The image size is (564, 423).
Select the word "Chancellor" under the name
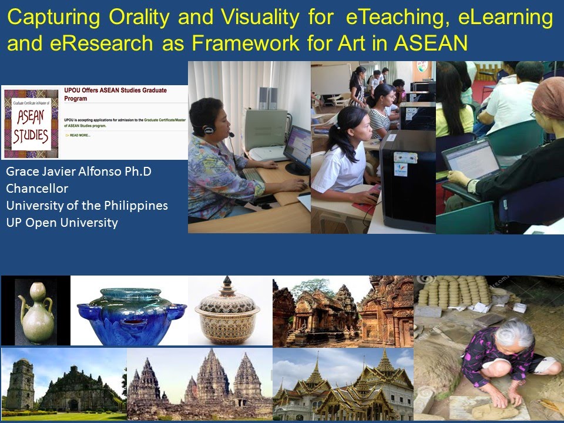click(x=37, y=189)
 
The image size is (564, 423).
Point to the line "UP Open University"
click(x=62, y=223)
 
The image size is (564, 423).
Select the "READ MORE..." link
click(x=79, y=135)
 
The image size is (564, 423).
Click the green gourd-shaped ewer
click(x=36, y=314)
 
